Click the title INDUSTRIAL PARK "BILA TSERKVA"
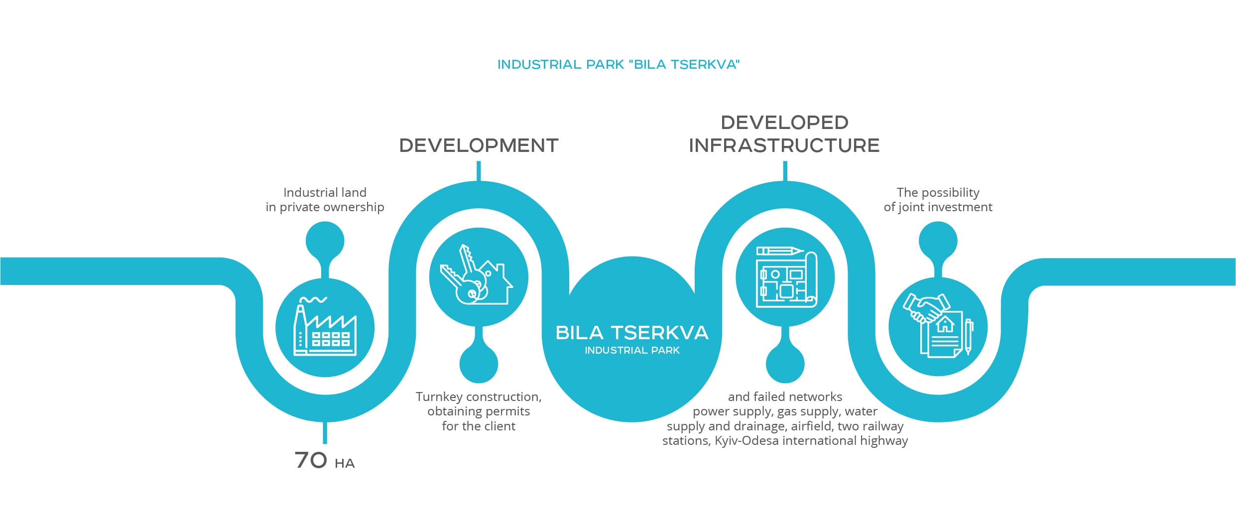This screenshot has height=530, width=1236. (618, 64)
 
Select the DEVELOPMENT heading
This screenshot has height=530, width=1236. (479, 145)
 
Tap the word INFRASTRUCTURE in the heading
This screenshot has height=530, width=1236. (784, 145)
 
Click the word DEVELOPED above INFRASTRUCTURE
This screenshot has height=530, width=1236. (785, 123)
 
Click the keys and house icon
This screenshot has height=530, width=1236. (476, 274)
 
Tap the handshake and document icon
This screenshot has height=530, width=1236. (938, 325)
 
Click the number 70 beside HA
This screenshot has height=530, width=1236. (311, 460)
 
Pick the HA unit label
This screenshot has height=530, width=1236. (345, 464)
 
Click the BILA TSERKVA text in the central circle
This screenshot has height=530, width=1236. (632, 333)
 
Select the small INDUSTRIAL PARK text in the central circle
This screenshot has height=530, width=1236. (632, 351)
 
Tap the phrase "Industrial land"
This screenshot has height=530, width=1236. (325, 192)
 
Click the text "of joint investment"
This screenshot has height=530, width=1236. (938, 207)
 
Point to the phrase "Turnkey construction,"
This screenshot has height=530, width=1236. (479, 397)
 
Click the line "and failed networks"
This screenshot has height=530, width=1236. (785, 397)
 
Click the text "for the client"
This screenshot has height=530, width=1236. (479, 426)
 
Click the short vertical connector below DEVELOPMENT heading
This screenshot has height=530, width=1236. (479, 171)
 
